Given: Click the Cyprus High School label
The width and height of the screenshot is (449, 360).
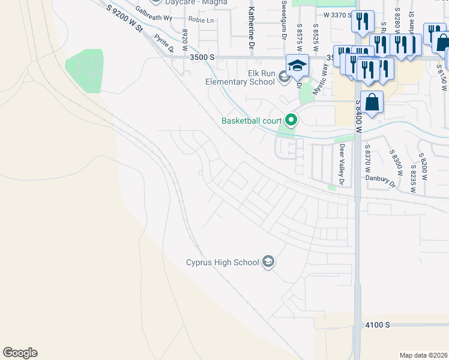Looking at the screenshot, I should coord(222,262).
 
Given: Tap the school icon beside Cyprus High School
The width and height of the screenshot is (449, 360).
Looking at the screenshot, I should coord(268,262).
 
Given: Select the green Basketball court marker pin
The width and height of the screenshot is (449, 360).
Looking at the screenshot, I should coord(291,121).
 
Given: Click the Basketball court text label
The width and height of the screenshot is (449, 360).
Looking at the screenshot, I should coord(252,121).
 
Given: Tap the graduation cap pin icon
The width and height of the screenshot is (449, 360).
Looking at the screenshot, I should coord(297,65).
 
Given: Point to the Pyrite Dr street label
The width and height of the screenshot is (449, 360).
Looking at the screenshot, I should coord(163,43).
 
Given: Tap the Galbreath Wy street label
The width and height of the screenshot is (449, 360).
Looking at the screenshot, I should coord(154,18).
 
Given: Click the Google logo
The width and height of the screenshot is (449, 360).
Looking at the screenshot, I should coord(20,353).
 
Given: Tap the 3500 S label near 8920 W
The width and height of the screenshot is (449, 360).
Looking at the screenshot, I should coord(201,57).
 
